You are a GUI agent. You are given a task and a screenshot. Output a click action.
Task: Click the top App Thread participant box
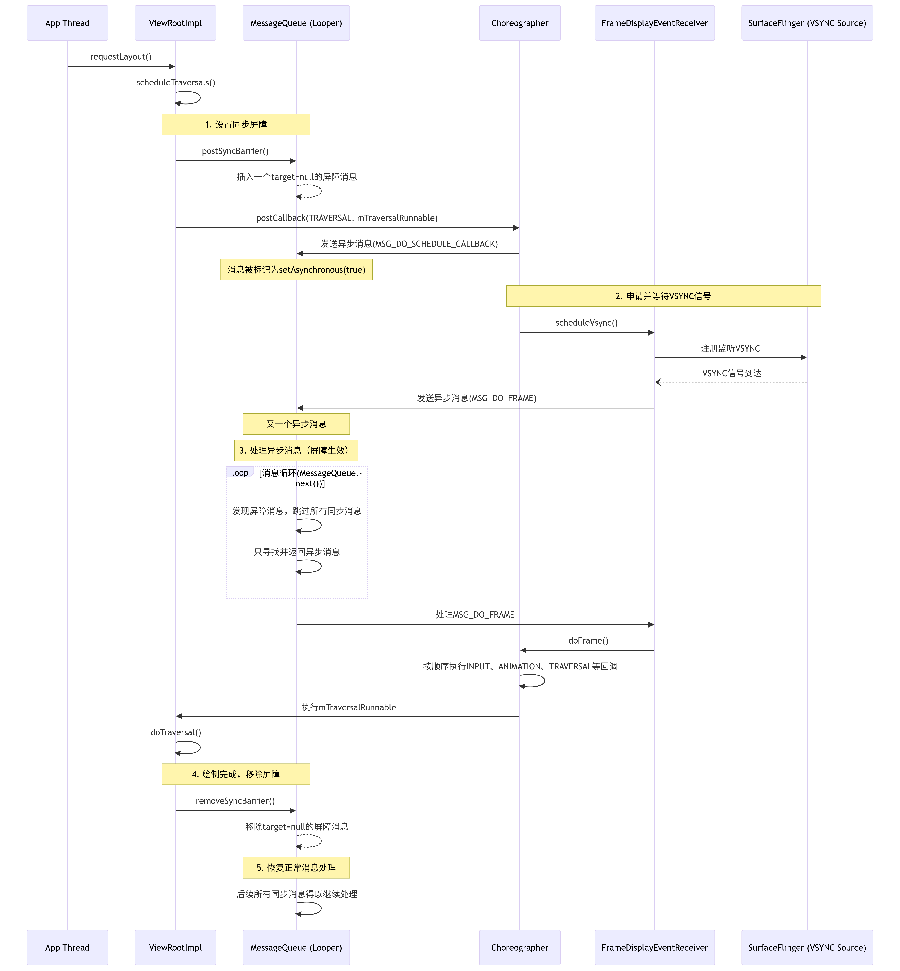67,23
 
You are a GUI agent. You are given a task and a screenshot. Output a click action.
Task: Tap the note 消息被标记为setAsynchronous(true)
296,270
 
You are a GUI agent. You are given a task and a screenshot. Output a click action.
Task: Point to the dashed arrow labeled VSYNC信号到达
730,382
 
